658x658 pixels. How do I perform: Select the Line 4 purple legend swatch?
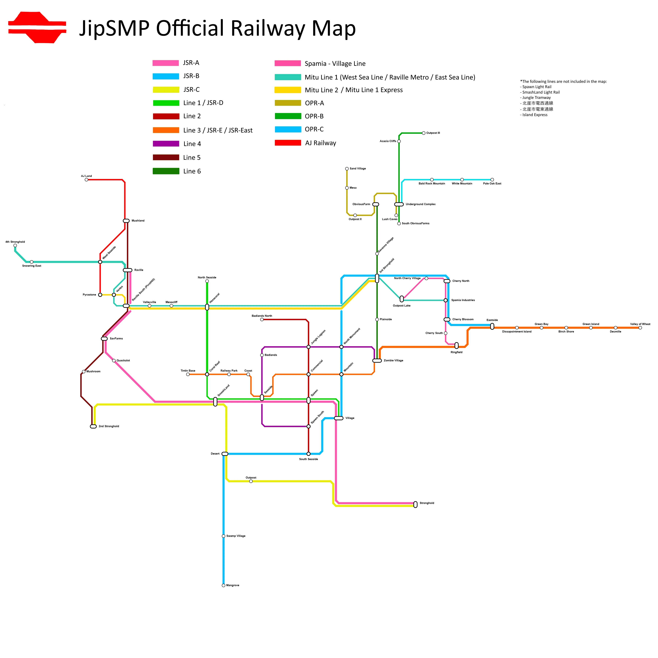[166, 144]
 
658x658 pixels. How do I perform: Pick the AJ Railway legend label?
[320, 143]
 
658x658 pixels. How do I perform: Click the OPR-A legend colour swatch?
[288, 103]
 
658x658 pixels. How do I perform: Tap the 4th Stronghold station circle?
[15, 245]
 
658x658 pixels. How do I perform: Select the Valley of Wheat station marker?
[640, 328]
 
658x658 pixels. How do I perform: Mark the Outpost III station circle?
[424, 133]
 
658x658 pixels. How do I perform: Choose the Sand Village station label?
[358, 169]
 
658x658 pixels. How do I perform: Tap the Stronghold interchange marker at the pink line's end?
[415, 504]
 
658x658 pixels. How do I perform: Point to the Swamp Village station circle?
[223, 536]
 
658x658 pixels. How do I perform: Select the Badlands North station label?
[262, 316]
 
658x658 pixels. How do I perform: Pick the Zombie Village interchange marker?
[377, 361]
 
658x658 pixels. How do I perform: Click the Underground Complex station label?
[421, 204]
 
